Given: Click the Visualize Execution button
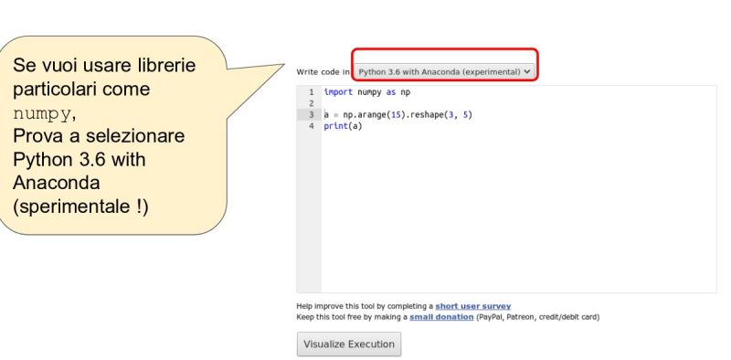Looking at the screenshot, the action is click(349, 344).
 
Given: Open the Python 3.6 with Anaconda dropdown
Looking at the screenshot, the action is click(444, 70).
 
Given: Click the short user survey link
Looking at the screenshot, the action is click(472, 305).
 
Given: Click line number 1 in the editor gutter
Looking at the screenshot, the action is click(312, 92).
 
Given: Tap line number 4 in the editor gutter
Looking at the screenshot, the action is click(312, 126).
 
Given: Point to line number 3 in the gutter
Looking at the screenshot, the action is click(312, 115).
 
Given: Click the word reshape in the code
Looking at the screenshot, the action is click(424, 115).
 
